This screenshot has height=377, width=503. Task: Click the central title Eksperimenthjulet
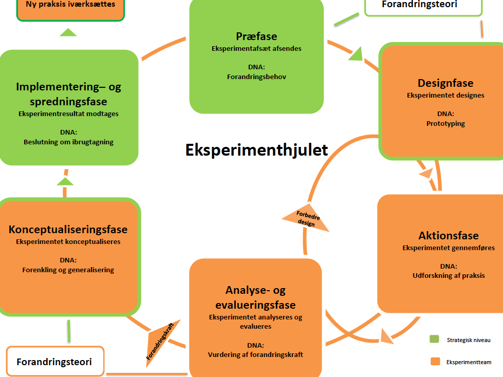pos(256,150)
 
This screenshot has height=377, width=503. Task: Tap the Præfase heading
pos(256,36)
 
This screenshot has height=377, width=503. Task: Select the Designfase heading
pos(445,83)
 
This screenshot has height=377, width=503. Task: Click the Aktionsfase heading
pos(449,236)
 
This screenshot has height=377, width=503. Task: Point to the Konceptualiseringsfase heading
pos(68,230)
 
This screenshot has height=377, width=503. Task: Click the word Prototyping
pos(445,123)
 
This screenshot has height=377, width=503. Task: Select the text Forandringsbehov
pos(256,77)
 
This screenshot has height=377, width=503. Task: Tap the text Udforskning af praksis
pos(449,275)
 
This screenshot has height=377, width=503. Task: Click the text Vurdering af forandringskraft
pos(255,354)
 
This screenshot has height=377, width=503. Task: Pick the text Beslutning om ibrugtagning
pos(68,142)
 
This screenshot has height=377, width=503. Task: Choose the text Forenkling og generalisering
pos(68,270)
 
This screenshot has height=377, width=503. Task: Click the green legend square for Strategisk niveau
pos(434,339)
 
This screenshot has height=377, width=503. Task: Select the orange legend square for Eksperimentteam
pos(435,361)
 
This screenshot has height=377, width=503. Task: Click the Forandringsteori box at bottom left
pos(55,361)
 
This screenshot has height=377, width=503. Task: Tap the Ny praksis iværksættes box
pos(70,8)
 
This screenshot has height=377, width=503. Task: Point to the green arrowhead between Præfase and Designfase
pos(356,54)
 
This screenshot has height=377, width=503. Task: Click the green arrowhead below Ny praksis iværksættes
pos(68,32)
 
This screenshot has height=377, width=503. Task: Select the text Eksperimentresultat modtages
pos(68,114)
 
